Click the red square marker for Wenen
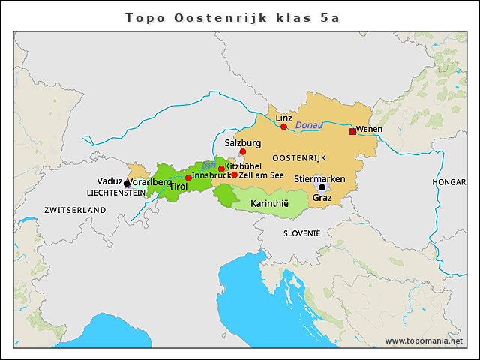click(352, 131)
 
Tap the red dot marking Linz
click(283, 127)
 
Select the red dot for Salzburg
click(242, 151)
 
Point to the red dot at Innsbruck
click(188, 178)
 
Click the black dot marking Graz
click(322, 187)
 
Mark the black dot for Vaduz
click(127, 183)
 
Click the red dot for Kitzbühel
click(221, 169)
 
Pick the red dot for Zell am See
click(234, 175)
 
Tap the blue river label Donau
click(308, 124)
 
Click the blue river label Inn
click(208, 165)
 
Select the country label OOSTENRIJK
click(299, 157)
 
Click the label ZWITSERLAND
click(75, 210)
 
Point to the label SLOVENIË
click(301, 233)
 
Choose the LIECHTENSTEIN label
click(116, 193)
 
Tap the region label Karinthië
click(268, 204)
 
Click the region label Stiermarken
click(319, 178)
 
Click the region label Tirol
click(178, 187)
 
